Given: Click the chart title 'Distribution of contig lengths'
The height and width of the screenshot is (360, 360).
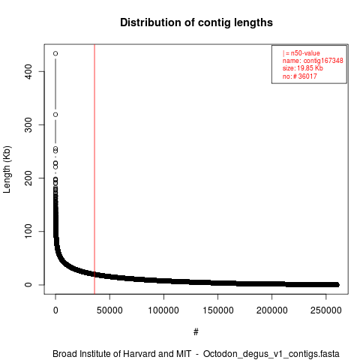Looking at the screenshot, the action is tap(196, 22).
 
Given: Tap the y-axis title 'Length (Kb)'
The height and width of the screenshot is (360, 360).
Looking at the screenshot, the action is tap(7, 169).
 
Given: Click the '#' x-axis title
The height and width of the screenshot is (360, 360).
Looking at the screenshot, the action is tap(196, 332).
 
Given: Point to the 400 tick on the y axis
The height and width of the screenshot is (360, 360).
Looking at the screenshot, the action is tap(28, 71).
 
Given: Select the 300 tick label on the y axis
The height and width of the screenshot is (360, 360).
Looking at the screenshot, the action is tap(28, 124).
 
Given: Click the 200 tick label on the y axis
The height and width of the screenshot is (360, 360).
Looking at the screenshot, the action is tap(28, 178).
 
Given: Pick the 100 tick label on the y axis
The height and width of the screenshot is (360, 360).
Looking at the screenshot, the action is tap(28, 231).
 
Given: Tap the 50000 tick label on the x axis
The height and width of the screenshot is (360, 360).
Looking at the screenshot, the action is tap(109, 310).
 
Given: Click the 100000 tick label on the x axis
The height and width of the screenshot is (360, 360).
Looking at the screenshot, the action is tap(163, 310).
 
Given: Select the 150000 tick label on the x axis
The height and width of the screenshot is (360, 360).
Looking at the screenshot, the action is tap(217, 310).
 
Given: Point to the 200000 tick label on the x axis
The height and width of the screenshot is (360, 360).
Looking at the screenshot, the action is tap(271, 310).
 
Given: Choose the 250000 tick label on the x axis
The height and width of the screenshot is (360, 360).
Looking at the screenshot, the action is tap(325, 310).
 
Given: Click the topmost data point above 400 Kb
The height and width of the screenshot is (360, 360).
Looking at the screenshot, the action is tap(55, 53).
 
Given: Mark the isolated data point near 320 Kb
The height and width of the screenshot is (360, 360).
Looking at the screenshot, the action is tap(55, 115).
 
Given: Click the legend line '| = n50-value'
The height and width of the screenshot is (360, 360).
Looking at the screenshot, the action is tap(301, 53).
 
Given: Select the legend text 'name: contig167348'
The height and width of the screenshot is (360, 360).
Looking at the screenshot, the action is tap(313, 61).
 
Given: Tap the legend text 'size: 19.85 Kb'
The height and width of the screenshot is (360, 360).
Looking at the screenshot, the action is tap(303, 68).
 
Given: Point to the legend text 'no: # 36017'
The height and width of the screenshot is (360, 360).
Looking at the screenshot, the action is tap(300, 76).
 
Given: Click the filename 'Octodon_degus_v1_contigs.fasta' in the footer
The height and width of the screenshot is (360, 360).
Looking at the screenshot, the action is tap(271, 354).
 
